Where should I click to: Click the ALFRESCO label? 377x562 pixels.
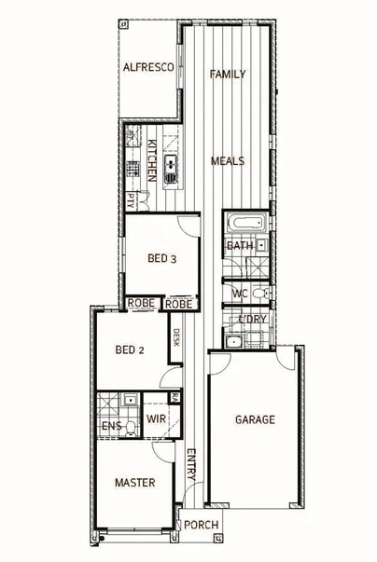coord(144,67)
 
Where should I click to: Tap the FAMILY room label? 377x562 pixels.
coord(227,74)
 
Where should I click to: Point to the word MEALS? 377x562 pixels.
coord(227,160)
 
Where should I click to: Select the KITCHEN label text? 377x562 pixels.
coord(151,158)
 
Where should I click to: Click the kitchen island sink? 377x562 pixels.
coord(173,168)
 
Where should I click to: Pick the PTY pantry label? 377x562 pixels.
coord(132,199)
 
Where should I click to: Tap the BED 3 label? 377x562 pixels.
coord(162,260)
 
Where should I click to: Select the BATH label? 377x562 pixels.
coord(239,246)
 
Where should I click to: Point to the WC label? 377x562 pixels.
coord(239,294)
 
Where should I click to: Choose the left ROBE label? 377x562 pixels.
coord(141,304)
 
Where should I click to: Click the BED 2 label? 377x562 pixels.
coord(129,350)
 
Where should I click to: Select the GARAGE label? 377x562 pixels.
coord(255,419)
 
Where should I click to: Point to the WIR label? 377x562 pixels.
coord(156,419)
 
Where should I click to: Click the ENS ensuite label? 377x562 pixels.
coord(110,428)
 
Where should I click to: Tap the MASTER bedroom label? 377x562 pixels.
coord(134,483)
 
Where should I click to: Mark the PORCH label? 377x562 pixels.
coord(202,526)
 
